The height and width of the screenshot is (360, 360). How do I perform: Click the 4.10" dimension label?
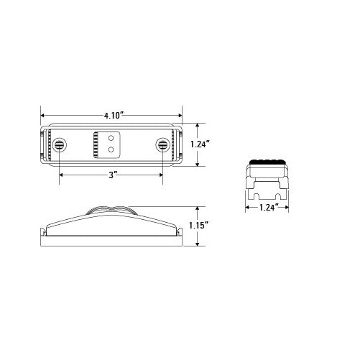coord(111,114)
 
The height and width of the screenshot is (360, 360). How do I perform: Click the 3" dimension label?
coord(112,173)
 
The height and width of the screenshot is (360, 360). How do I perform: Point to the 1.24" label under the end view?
coord(268,208)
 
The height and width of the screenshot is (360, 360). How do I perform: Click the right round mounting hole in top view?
coord(164,146)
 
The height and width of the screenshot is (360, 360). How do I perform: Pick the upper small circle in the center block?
coord(111,137)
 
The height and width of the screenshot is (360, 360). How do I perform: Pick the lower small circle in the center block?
coord(111,150)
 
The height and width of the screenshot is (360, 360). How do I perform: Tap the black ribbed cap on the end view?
coord(268,160)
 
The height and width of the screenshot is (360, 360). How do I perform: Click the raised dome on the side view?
coord(111,211)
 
